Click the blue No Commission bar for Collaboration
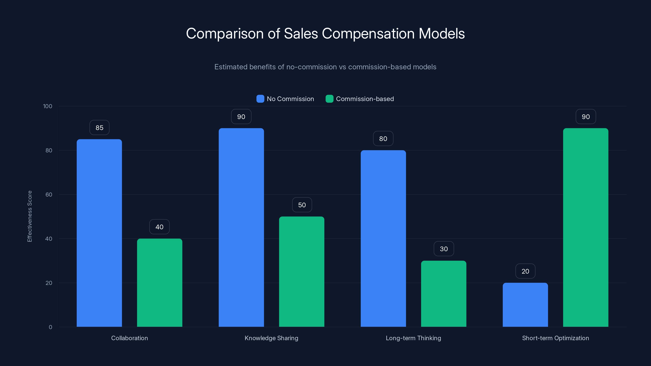pos(99,233)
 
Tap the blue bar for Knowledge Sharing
pos(241,227)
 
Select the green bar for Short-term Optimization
pos(585,227)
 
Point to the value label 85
pos(99,127)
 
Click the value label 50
pos(302,205)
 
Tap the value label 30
pos(443,249)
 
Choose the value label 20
pos(525,271)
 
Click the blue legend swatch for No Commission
pos(260,99)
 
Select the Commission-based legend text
pos(365,99)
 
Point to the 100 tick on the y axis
pos(48,106)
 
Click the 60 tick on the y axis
pos(49,195)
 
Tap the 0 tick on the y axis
pos(50,327)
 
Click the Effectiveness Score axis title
pos(29,216)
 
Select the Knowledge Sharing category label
pos(271,338)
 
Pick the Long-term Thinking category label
pos(413,338)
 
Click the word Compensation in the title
pos(368,34)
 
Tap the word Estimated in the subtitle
pos(230,67)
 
